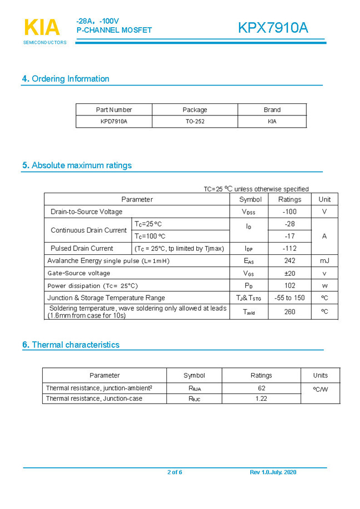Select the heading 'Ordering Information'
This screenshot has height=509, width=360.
[x=65, y=79]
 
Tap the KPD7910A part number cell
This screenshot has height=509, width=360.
[x=114, y=121]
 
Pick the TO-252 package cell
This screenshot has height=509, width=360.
[x=195, y=121]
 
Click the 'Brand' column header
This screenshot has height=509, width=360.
[x=272, y=110]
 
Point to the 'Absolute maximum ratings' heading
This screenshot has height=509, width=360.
[x=77, y=165]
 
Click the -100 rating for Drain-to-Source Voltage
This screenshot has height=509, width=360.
[x=290, y=211]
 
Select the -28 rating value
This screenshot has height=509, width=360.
[x=290, y=224]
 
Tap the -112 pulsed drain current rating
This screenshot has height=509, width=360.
[x=290, y=248]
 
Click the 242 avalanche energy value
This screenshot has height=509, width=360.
[x=290, y=260]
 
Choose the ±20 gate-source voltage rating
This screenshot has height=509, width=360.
[x=290, y=273]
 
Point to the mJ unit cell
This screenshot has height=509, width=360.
[x=324, y=260]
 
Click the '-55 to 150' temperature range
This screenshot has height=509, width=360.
[x=290, y=298]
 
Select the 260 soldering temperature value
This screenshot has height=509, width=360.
[x=290, y=312]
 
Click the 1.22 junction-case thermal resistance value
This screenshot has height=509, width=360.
[x=261, y=399]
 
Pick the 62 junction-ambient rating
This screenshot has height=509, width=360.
[x=261, y=389]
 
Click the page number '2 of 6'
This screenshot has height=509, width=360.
[x=175, y=472]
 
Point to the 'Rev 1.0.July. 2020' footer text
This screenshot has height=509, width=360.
[x=273, y=472]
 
